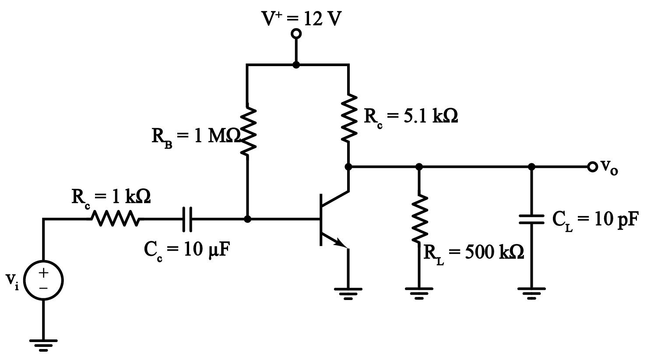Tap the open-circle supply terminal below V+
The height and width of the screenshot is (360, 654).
(296, 34)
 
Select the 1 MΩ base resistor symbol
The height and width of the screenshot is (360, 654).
(247, 130)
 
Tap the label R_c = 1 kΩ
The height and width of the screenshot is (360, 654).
(111, 198)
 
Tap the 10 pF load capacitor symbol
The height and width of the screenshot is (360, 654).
(531, 219)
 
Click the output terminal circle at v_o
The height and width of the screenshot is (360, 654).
(592, 167)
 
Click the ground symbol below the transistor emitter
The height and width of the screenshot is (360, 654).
(348, 293)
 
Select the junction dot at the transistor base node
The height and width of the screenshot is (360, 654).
(247, 219)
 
